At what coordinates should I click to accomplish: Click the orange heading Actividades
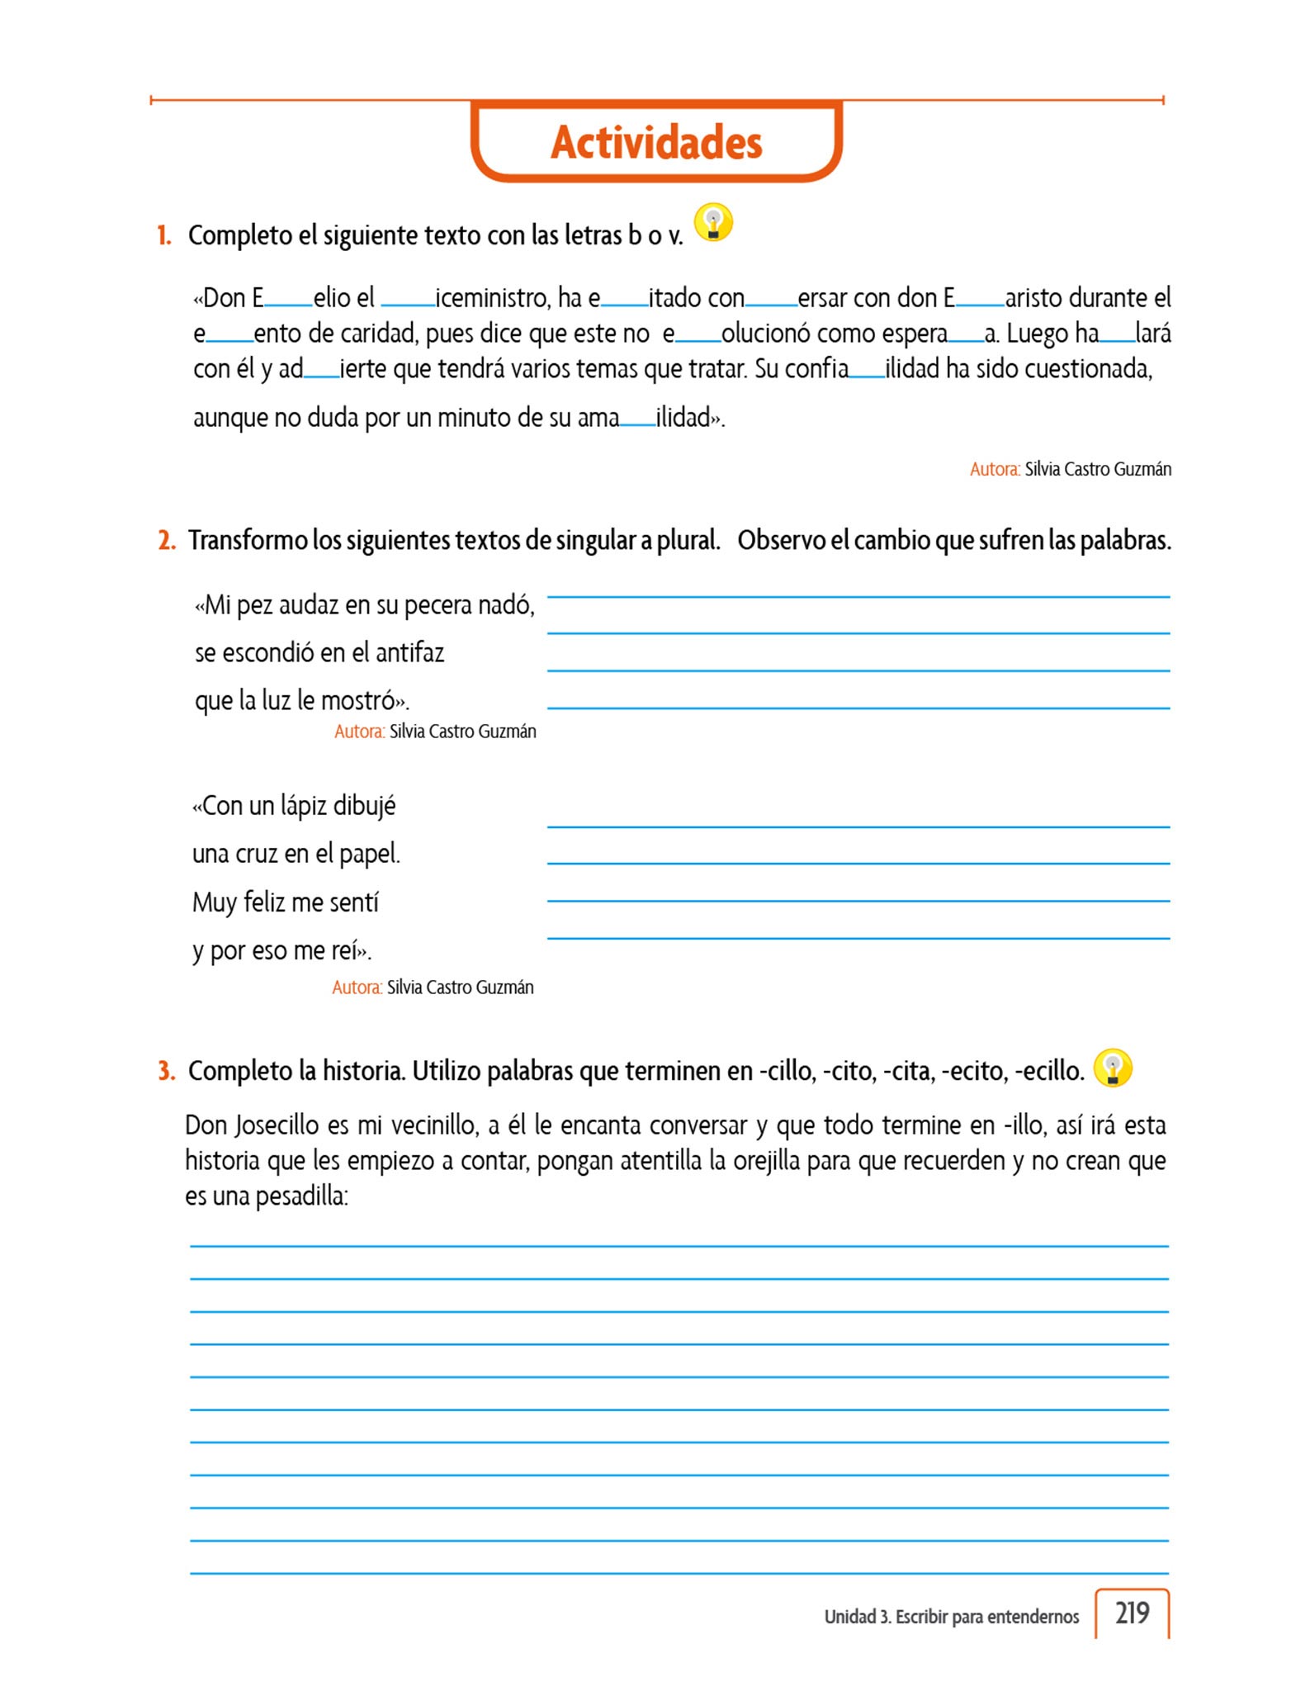pyautogui.click(x=656, y=142)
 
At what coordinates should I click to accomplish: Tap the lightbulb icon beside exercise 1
pyautogui.click(x=713, y=223)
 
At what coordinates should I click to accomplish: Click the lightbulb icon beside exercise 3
pyautogui.click(x=1112, y=1068)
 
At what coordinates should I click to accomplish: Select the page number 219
pyautogui.click(x=1132, y=1613)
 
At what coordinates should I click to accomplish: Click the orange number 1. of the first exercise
pyautogui.click(x=164, y=236)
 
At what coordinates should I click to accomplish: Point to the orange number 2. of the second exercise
pyautogui.click(x=167, y=541)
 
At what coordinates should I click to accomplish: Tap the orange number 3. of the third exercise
pyautogui.click(x=167, y=1071)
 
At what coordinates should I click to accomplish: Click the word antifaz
pyautogui.click(x=409, y=653)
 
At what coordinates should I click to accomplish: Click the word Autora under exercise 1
pyautogui.click(x=994, y=470)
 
